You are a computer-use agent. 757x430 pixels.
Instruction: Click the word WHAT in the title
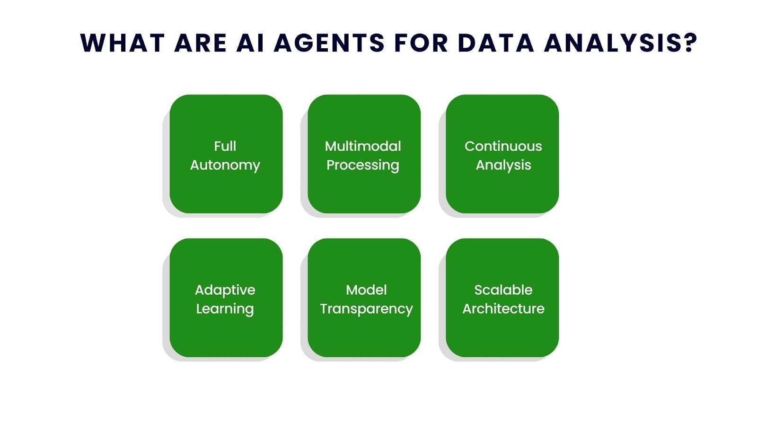(x=122, y=43)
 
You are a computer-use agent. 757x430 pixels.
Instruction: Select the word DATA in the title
(x=495, y=43)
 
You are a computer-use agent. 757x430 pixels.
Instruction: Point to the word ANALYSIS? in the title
(x=620, y=43)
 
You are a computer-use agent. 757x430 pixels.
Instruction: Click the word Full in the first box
(x=225, y=146)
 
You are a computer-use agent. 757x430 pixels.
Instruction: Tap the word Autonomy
(x=225, y=165)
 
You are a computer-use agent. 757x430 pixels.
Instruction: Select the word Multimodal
(x=363, y=146)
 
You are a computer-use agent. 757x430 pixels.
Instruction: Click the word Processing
(x=363, y=165)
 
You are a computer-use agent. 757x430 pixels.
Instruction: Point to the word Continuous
(x=503, y=146)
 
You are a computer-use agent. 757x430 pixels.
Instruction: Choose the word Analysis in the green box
(x=503, y=165)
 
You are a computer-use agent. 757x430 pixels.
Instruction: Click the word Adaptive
(x=225, y=290)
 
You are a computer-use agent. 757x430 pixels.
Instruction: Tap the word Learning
(x=225, y=309)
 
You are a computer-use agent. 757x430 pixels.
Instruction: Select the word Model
(x=366, y=290)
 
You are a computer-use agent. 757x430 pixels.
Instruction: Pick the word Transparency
(x=366, y=309)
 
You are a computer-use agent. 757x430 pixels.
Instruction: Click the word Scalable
(x=503, y=290)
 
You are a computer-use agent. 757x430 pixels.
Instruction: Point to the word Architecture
(x=503, y=309)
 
